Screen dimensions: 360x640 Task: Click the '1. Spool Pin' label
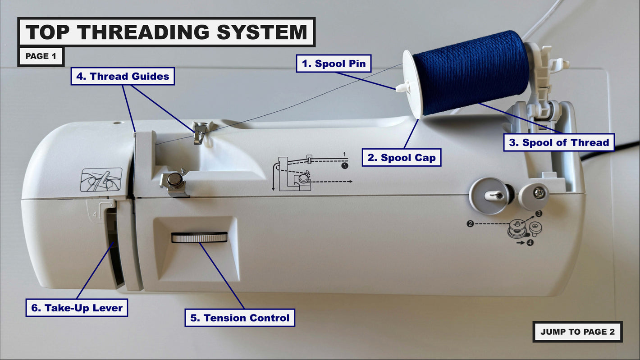(x=334, y=63)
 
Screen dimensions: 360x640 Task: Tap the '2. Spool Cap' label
(x=401, y=158)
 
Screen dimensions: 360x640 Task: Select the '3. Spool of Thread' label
(x=559, y=143)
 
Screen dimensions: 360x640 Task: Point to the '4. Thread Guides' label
(x=123, y=76)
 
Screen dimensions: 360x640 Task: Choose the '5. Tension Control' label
(x=240, y=318)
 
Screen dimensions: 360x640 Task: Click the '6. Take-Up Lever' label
(x=77, y=308)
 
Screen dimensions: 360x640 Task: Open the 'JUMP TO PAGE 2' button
(x=577, y=332)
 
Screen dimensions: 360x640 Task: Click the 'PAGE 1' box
(x=41, y=56)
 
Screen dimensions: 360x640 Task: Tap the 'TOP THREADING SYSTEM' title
(x=166, y=32)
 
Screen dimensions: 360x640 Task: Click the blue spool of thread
(x=471, y=72)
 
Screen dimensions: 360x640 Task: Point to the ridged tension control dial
(x=199, y=238)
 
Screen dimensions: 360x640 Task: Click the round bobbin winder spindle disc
(x=489, y=196)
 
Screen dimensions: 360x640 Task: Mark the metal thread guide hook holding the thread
(x=199, y=132)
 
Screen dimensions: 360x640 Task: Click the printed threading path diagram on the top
(x=311, y=173)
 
